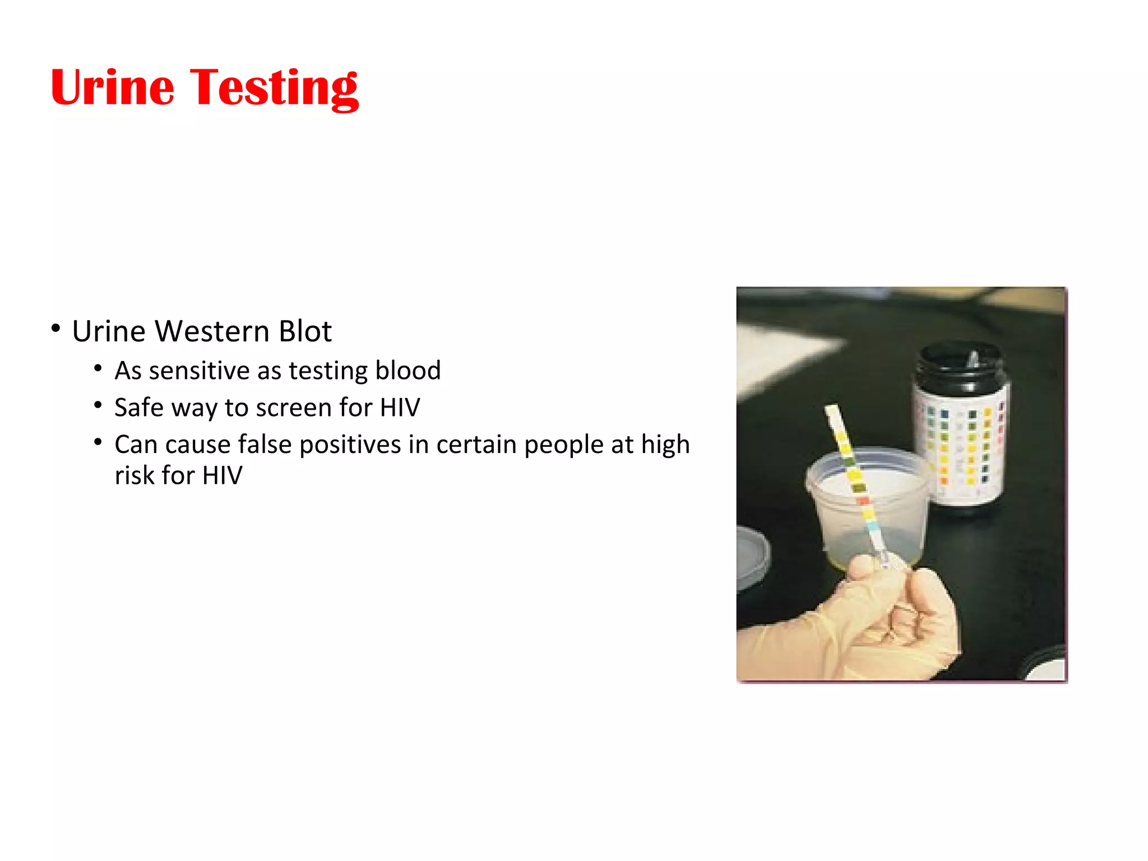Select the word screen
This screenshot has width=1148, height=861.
pyautogui.click(x=294, y=408)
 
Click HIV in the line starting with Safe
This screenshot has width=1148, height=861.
pyautogui.click(x=400, y=408)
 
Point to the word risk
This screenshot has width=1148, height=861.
pyautogui.click(x=134, y=475)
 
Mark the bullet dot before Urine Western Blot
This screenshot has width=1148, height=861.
pyautogui.click(x=55, y=328)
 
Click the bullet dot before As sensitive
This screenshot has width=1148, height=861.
pyautogui.click(x=98, y=368)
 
